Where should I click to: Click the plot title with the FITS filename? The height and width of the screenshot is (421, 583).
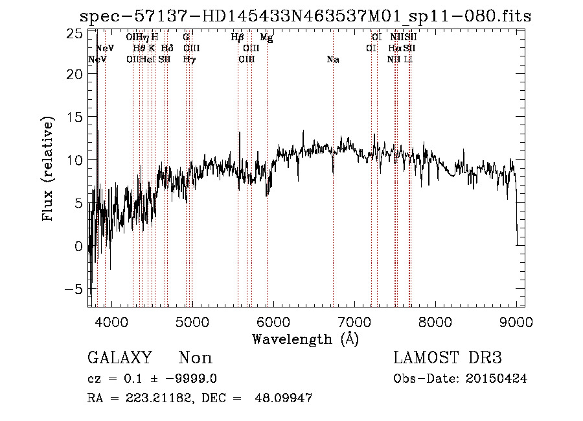pos(305,16)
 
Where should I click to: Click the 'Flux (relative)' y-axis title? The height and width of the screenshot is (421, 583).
pos(48,169)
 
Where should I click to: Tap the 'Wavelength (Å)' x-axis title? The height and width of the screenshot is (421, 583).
pos(304,339)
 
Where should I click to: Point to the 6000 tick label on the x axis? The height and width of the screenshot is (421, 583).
pos(273,321)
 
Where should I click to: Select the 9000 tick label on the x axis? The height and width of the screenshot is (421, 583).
pos(516,321)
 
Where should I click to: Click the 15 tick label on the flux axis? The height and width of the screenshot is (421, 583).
pos(75,117)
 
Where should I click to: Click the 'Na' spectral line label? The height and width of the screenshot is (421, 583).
pos(333,60)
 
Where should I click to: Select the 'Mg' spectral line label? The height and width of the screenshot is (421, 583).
pos(266,38)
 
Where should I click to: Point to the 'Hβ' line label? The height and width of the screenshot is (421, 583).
pos(237,38)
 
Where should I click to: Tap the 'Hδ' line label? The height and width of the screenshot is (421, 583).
pos(166,49)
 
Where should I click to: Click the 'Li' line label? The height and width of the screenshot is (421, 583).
pos(408,60)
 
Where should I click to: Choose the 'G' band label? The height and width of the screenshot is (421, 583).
pos(187,38)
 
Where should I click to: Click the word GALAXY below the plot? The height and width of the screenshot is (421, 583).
pos(119,358)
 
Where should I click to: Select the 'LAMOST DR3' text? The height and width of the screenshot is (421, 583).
pos(448,358)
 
